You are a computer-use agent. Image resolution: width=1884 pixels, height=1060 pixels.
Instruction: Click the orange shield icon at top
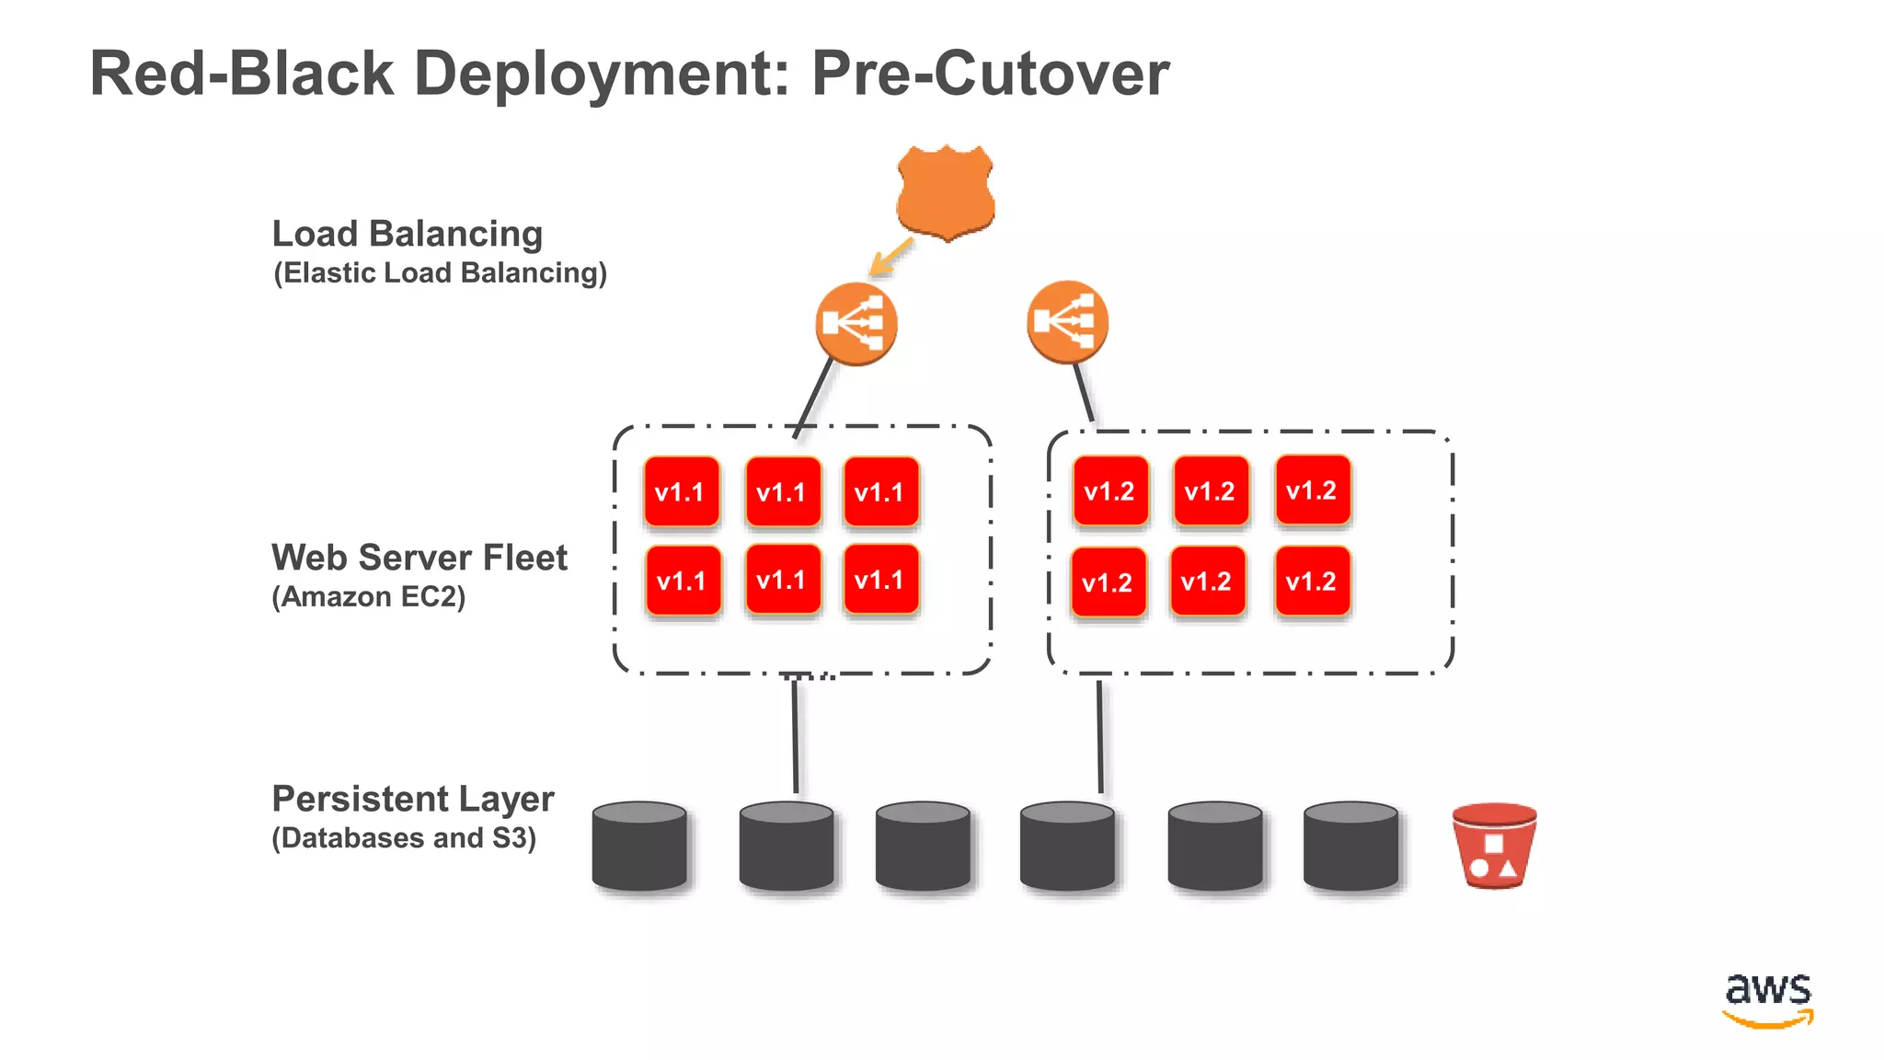click(x=946, y=191)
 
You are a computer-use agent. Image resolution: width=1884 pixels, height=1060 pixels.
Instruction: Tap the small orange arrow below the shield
click(x=890, y=258)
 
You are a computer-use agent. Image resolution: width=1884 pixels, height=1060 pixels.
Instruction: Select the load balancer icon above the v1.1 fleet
click(x=856, y=324)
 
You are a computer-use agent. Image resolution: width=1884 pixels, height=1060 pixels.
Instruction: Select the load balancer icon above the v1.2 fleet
click(x=1067, y=322)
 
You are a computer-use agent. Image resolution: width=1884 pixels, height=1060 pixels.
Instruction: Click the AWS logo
click(x=1767, y=999)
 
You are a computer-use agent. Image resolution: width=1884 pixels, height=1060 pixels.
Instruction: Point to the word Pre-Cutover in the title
click(x=990, y=74)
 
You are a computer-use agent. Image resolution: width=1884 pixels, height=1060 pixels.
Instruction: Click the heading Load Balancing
click(x=407, y=234)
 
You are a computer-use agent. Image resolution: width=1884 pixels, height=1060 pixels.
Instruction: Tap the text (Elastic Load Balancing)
click(x=440, y=273)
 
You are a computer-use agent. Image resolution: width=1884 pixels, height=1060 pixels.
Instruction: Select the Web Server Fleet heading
click(x=419, y=558)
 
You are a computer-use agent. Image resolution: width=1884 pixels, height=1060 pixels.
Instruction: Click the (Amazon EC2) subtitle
click(x=368, y=597)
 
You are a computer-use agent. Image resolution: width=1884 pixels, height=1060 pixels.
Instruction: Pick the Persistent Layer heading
click(x=412, y=799)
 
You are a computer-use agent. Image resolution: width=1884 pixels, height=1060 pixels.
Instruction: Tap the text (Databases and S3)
click(x=403, y=838)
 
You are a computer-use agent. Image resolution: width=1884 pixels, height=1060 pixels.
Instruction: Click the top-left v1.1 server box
click(x=681, y=492)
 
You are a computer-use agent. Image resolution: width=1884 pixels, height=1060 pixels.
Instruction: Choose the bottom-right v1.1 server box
click(x=880, y=580)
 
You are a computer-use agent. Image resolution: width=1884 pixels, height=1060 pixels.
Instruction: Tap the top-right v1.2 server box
click(x=1313, y=490)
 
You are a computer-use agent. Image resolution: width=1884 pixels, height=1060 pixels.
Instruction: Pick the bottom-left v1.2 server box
click(x=1109, y=582)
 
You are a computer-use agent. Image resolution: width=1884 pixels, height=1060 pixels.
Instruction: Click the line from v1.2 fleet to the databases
click(x=1100, y=736)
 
